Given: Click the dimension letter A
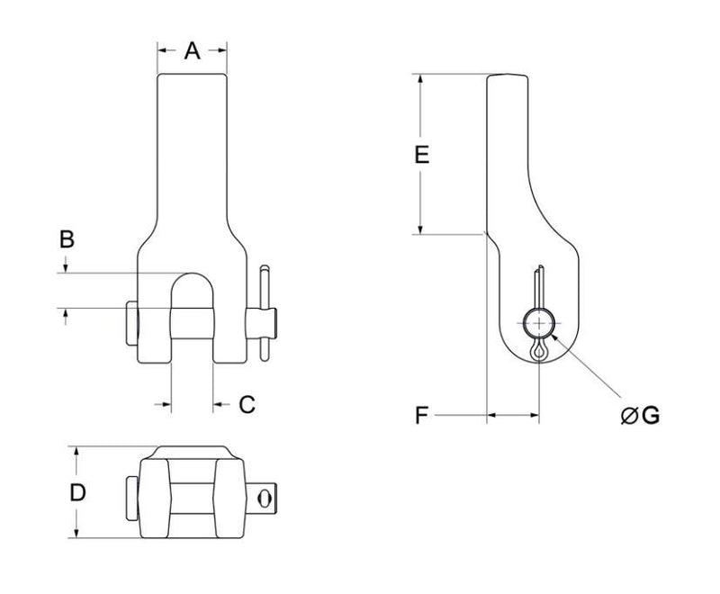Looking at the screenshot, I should click(x=192, y=51).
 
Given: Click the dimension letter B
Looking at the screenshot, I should click(x=67, y=240).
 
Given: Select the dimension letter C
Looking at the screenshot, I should click(x=247, y=405).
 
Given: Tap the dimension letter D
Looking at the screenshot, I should click(x=78, y=492).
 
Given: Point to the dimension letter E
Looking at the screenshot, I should click(x=420, y=155).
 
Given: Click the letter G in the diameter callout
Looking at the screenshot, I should click(x=651, y=415).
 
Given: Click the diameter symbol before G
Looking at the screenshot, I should click(x=629, y=416).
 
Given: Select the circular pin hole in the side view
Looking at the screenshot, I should click(x=539, y=323).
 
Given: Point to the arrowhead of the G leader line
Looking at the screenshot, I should click(x=554, y=335).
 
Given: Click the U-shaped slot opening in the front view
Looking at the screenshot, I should click(x=191, y=288).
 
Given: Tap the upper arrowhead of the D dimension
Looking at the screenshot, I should click(x=76, y=450).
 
